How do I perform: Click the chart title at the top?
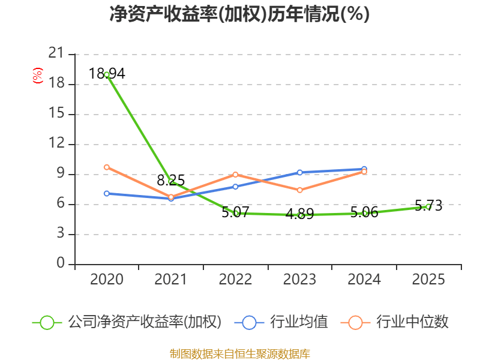pyautogui.click(x=239, y=14)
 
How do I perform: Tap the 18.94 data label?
pyautogui.click(x=107, y=74)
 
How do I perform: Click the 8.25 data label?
pyautogui.click(x=171, y=180)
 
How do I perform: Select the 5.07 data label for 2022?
pyautogui.click(x=235, y=212)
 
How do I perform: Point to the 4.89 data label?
pyautogui.click(x=299, y=214)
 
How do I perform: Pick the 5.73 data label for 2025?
pyautogui.click(x=428, y=206)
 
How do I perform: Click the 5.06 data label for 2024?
pyautogui.click(x=364, y=212)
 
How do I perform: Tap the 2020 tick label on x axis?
pyautogui.click(x=107, y=280)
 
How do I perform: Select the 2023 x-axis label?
pyautogui.click(x=299, y=280)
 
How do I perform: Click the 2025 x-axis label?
pyautogui.click(x=428, y=280)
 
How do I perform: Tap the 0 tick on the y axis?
pyautogui.click(x=61, y=264)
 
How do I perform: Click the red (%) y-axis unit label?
pyautogui.click(x=38, y=76)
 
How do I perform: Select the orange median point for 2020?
pyautogui.click(x=107, y=167)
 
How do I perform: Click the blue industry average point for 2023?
pyautogui.click(x=299, y=172)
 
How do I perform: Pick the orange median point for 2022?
pyautogui.click(x=235, y=174)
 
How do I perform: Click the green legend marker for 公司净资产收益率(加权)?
pyautogui.click(x=47, y=322)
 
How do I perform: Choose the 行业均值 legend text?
pyautogui.click(x=299, y=322)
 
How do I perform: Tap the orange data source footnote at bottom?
pyautogui.click(x=239, y=353)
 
